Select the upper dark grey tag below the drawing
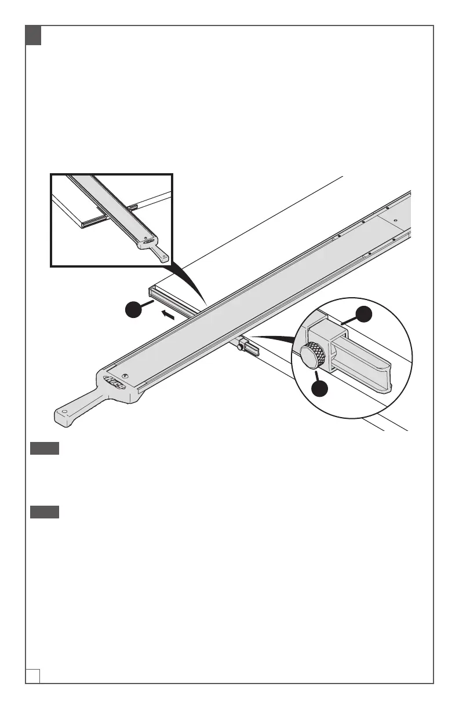(x=45, y=449)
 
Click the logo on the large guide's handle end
(x=115, y=381)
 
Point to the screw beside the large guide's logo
(x=130, y=375)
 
